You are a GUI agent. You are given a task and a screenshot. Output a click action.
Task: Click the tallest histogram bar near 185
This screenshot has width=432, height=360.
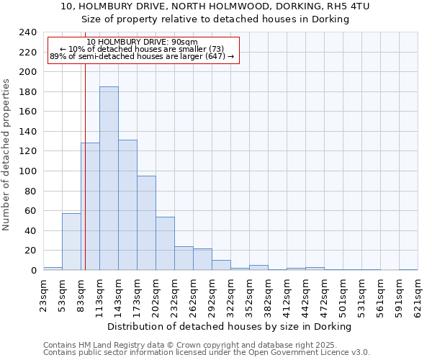109,179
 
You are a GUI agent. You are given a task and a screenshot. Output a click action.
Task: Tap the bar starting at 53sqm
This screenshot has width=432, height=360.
71,242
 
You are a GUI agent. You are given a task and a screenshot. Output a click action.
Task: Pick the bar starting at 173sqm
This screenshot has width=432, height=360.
146,223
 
